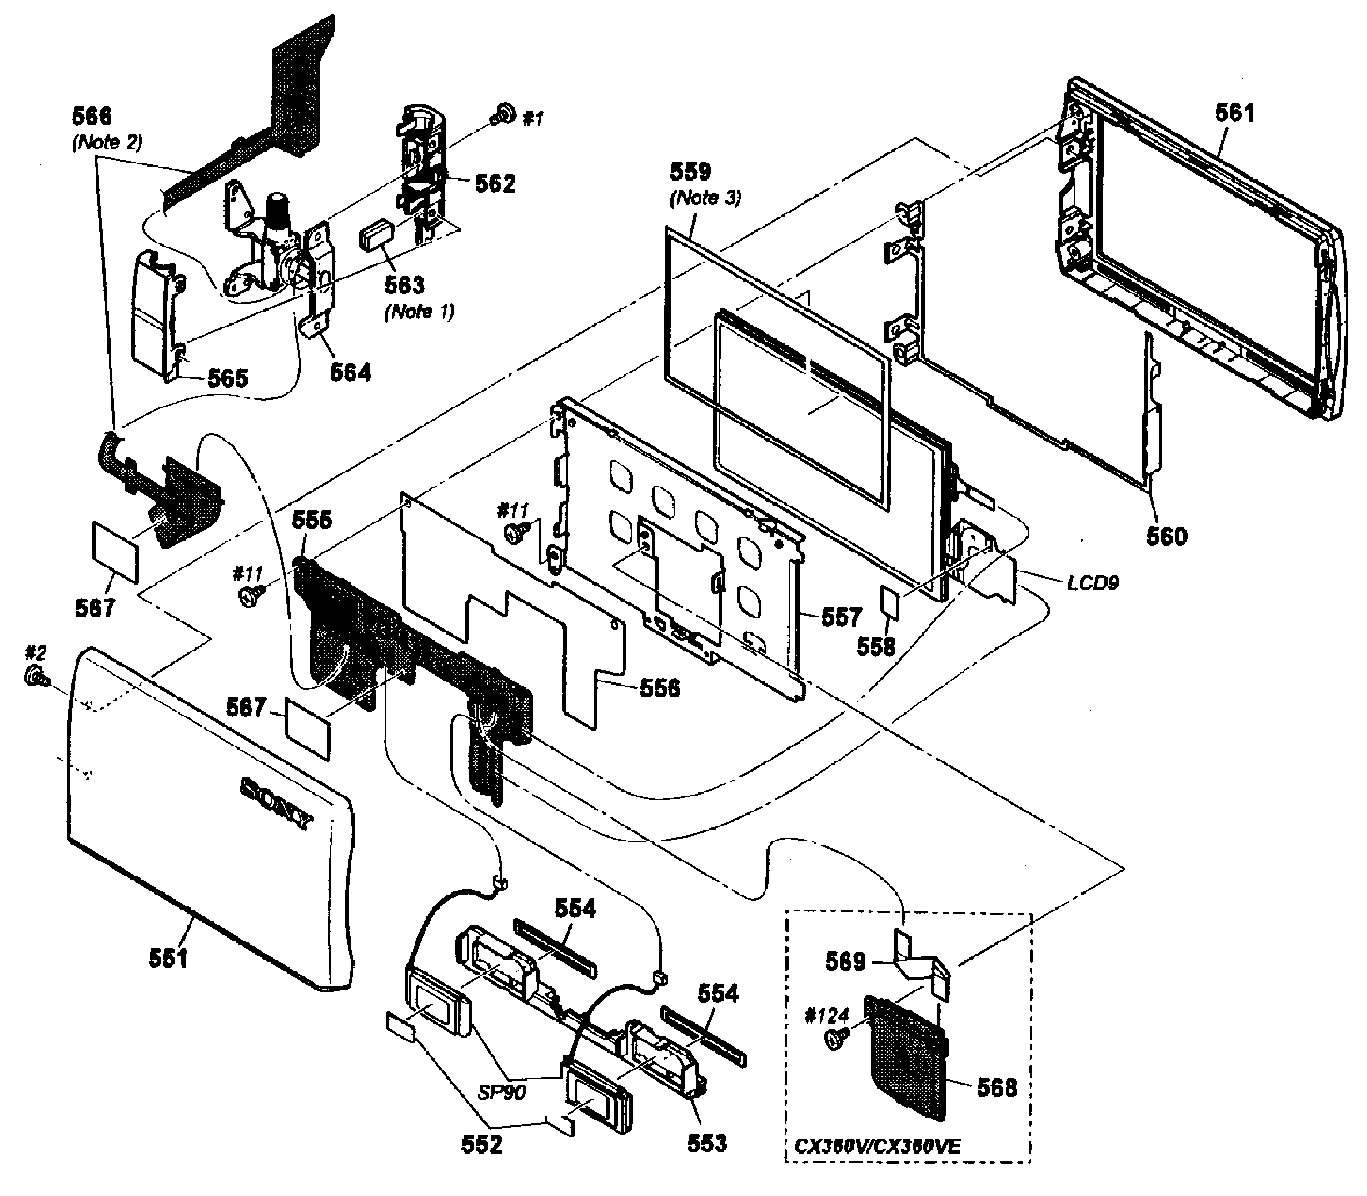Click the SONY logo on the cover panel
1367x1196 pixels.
[276, 804]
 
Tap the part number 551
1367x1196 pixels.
[168, 959]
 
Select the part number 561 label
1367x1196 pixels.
[1234, 113]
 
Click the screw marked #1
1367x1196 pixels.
[504, 115]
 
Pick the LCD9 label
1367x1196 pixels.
[1092, 582]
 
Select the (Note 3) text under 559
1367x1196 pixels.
[705, 198]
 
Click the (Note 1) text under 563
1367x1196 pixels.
[419, 312]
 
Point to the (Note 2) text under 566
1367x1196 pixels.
[107, 142]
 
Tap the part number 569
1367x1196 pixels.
[845, 962]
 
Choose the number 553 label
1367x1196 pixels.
[706, 1143]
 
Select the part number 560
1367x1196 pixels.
[1167, 536]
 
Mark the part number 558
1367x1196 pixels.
[876, 646]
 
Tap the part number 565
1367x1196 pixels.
[228, 378]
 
